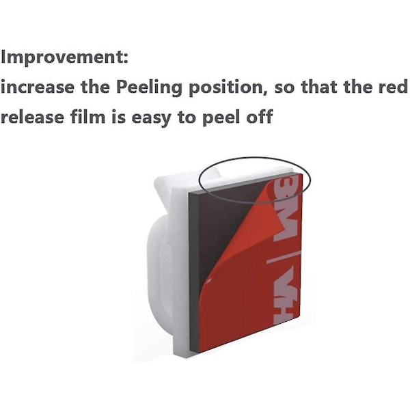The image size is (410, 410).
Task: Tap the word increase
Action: tap(38, 87)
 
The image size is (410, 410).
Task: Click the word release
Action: tap(32, 117)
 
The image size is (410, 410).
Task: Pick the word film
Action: tap(87, 116)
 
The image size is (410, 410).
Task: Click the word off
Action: tap(260, 116)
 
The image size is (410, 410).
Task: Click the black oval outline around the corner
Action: tap(255, 157)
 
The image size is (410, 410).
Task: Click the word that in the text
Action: tap(319, 87)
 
